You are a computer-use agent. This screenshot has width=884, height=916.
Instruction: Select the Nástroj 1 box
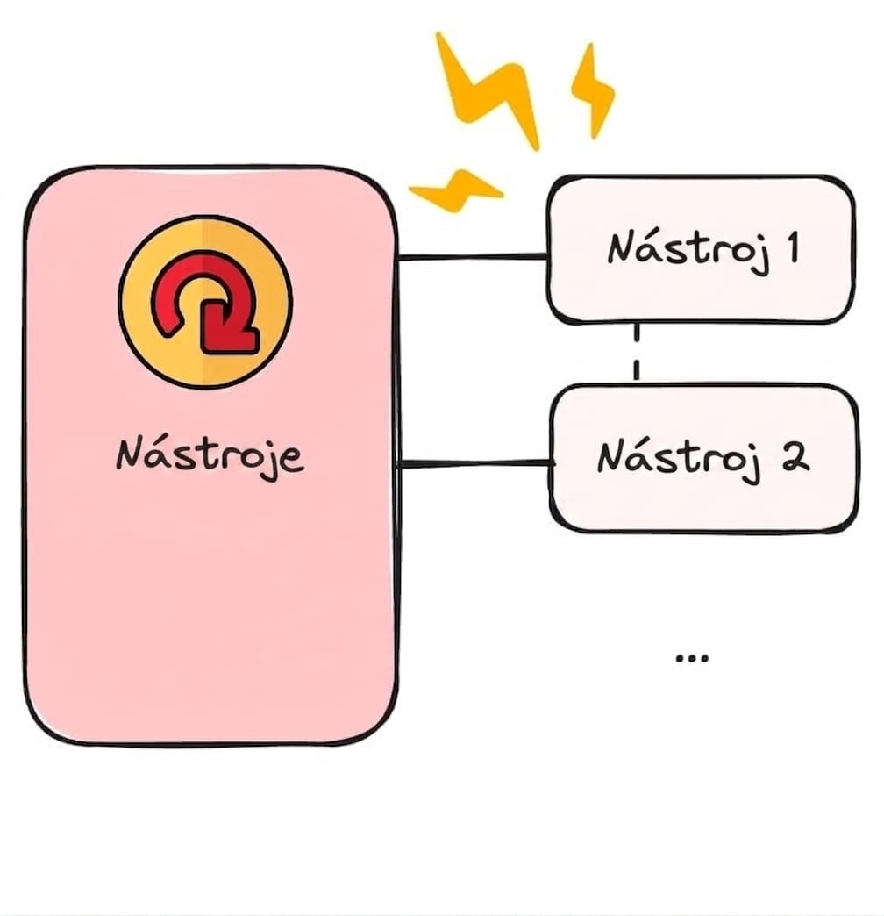701,249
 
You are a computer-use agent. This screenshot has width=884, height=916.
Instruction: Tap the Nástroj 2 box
704,459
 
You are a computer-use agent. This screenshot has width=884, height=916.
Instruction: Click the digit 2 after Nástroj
795,457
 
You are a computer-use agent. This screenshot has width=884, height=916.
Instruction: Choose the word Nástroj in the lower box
680,460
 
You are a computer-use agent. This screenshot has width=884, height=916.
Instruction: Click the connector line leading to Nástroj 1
472,256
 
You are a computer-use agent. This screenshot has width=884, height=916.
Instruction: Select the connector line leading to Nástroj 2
474,464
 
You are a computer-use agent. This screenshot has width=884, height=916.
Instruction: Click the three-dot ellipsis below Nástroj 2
691,658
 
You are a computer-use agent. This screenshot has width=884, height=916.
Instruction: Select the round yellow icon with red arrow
205,302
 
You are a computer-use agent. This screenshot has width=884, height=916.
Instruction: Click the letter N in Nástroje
129,454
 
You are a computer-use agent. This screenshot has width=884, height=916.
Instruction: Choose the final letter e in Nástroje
293,459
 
